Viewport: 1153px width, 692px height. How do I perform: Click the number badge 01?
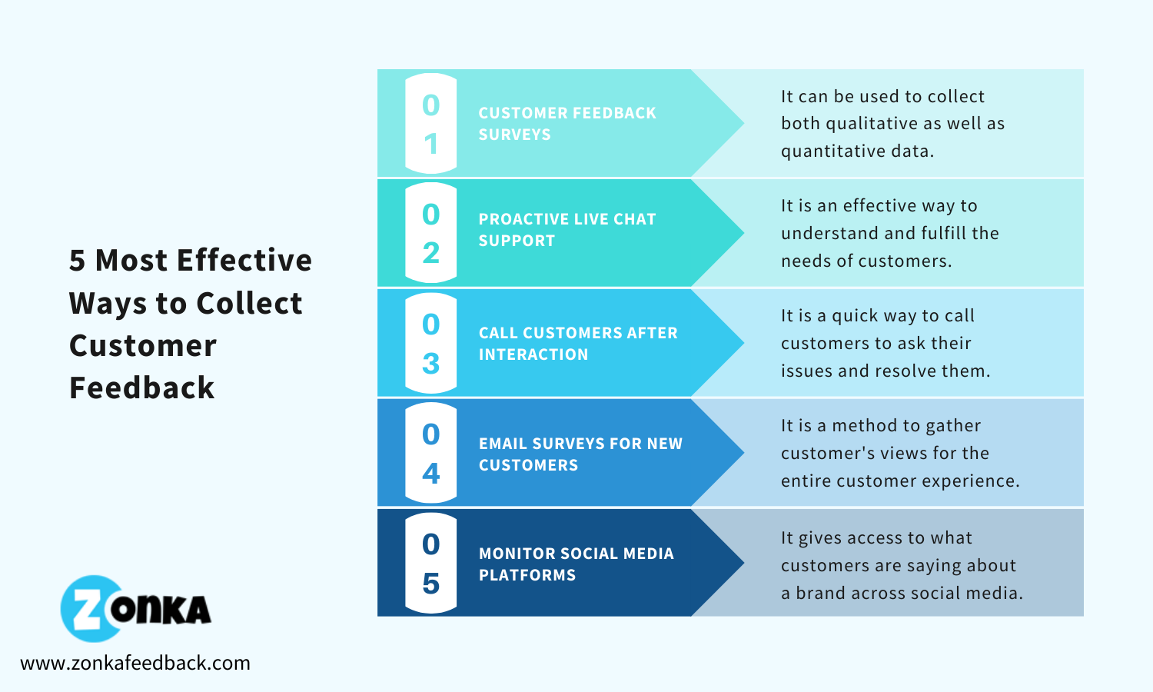pos(430,124)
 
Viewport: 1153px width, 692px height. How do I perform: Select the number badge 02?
pos(430,233)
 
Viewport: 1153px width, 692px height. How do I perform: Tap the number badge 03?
pos(430,343)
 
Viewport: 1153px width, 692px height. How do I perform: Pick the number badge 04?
pos(430,453)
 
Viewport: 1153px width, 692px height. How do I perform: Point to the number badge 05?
pos(430,563)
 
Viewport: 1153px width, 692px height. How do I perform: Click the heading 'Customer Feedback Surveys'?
pos(567,124)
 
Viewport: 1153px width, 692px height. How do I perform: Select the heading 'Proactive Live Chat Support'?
pos(567,230)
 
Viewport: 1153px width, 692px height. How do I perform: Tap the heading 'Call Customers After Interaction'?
pos(578,344)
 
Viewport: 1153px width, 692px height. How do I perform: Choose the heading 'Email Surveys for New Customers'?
pos(580,454)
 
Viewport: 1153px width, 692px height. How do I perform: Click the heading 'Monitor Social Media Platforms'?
pos(576,564)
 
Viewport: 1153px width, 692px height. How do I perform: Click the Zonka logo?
pos(135,609)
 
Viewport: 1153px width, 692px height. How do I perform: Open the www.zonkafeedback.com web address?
pos(135,663)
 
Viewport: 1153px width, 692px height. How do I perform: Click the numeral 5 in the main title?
pos(77,261)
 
